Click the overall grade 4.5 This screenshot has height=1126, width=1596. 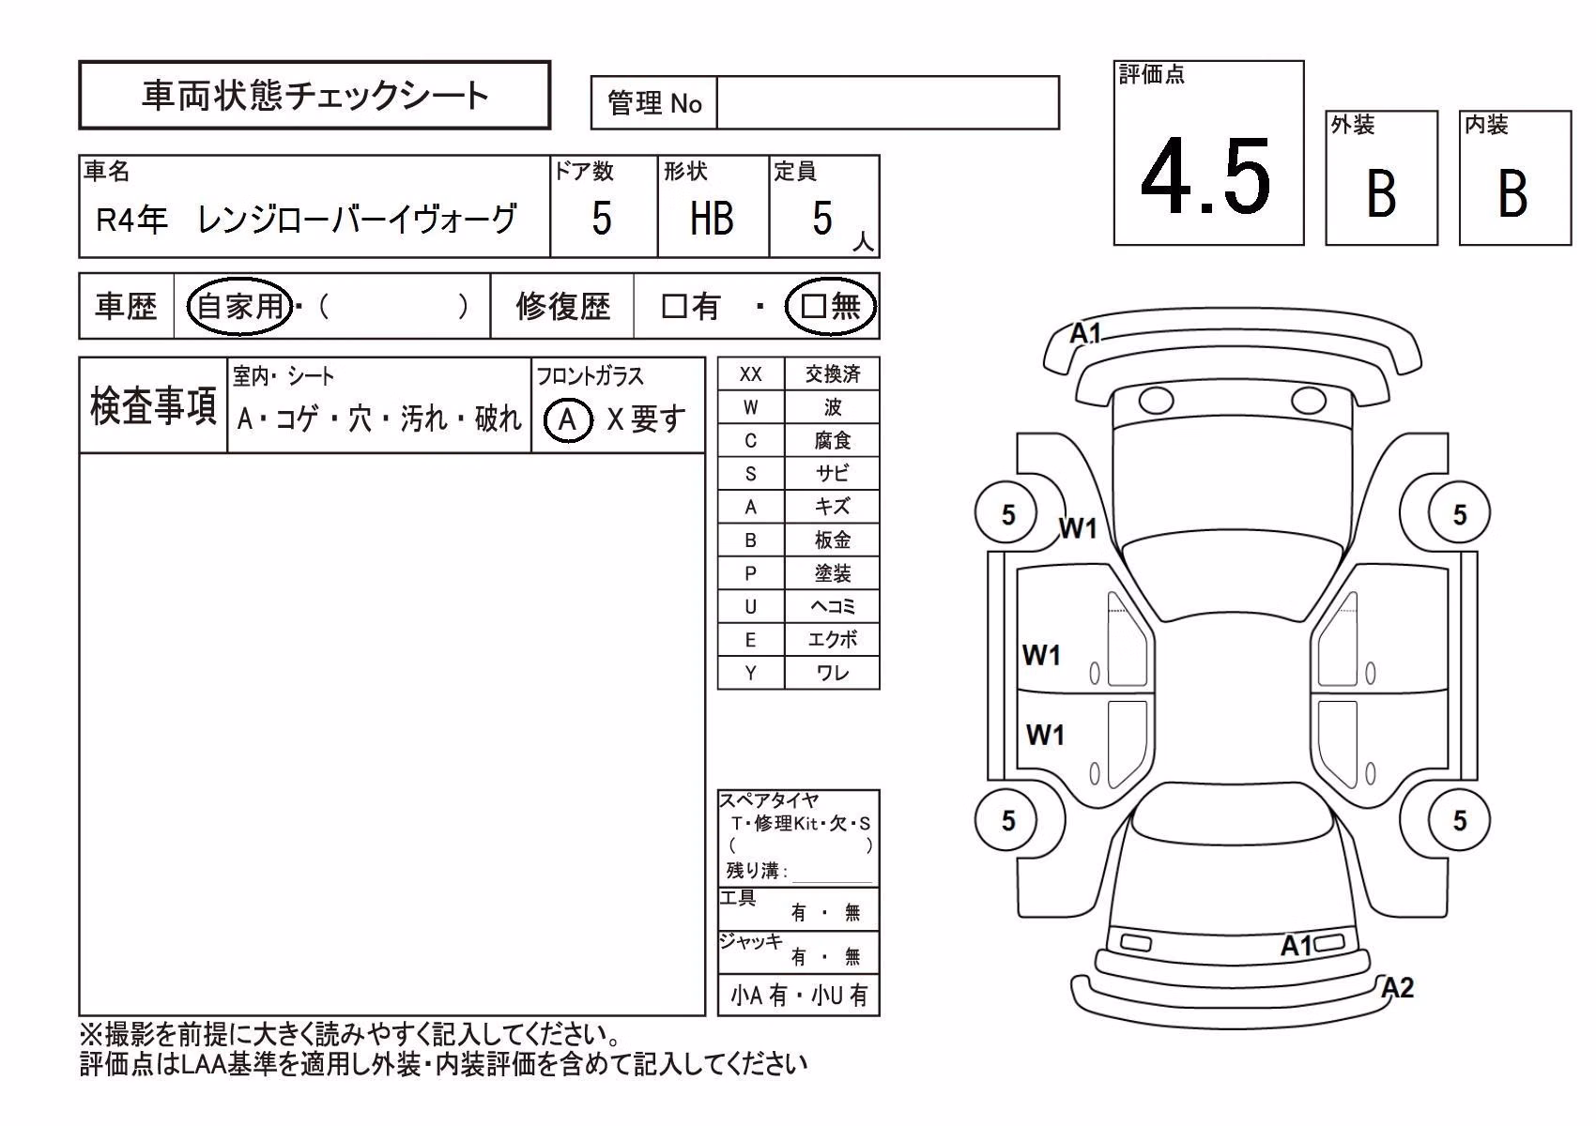(1205, 177)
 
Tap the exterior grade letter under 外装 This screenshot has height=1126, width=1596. (1381, 193)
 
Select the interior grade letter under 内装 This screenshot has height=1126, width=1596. (1512, 193)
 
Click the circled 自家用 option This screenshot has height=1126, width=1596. (240, 306)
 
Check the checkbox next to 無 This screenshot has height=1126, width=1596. (813, 306)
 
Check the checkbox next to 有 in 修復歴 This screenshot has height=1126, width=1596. (673, 306)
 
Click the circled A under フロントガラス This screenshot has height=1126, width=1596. (568, 419)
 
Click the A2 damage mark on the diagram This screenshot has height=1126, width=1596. (1397, 988)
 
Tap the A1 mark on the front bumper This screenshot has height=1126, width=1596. (1086, 333)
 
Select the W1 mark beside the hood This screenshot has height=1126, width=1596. (1078, 528)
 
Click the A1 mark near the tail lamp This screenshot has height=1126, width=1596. (1297, 946)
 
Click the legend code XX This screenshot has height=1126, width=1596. (750, 374)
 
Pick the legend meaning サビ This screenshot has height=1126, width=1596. (832, 474)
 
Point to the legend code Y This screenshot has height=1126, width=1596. (750, 673)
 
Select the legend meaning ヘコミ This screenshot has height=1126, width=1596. (832, 607)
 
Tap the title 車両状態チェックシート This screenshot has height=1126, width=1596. (315, 96)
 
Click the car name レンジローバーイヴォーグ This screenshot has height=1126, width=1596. (356, 219)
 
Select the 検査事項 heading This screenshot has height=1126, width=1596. (153, 406)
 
